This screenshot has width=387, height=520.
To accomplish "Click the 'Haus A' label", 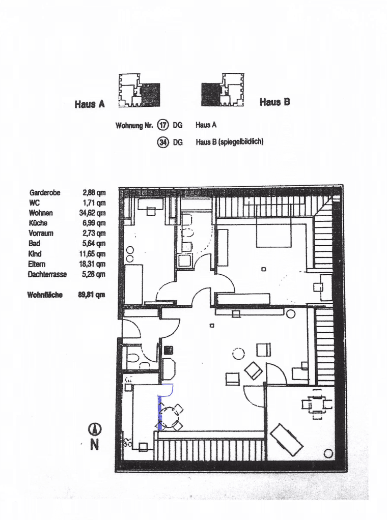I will point(90,104).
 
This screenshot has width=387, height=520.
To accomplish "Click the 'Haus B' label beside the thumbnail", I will point(274,102).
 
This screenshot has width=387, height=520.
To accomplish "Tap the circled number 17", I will point(163,125).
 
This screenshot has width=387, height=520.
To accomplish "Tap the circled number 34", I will point(163,142).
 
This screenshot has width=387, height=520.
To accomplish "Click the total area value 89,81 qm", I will point(92,295).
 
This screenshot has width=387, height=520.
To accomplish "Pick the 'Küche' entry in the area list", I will point(38,223).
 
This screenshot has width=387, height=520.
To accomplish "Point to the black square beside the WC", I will point(168,350).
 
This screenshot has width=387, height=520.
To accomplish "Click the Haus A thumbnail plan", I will point(139,91).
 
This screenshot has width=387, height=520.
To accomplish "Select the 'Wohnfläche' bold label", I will point(45,295).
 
